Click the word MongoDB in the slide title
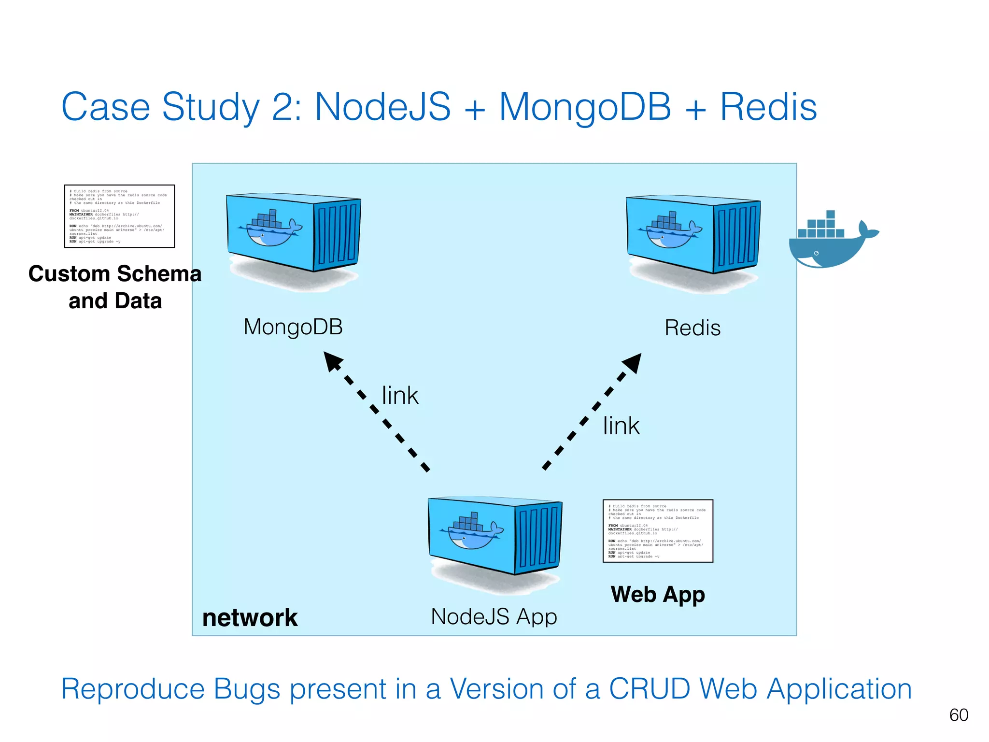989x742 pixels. pyautogui.click(x=585, y=107)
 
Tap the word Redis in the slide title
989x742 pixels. pyautogui.click(x=768, y=107)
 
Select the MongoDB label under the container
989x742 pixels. pyautogui.click(x=293, y=327)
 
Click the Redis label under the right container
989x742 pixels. pyautogui.click(x=692, y=328)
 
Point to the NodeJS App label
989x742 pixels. pyautogui.click(x=494, y=616)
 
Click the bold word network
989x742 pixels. pyautogui.click(x=250, y=618)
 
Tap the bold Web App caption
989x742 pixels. pyautogui.click(x=658, y=594)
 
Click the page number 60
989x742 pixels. pyautogui.click(x=959, y=715)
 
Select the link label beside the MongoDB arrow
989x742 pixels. pyautogui.click(x=400, y=396)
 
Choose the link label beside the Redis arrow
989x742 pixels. pyautogui.click(x=621, y=426)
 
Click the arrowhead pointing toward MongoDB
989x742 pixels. pyautogui.click(x=332, y=361)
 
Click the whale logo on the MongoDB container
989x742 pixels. pyautogui.click(x=270, y=229)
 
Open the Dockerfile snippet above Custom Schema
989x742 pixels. pyautogui.click(x=119, y=216)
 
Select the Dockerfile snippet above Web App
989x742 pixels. pyautogui.click(x=658, y=531)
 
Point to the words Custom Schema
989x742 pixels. pyautogui.click(x=115, y=274)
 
